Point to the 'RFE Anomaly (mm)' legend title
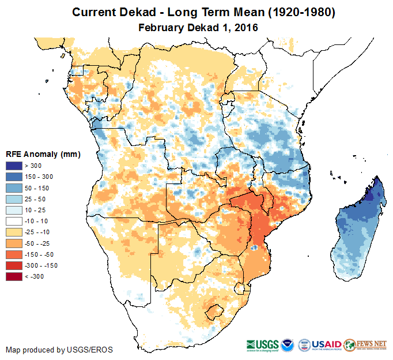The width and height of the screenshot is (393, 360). point(43,154)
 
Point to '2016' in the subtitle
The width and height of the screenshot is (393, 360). point(245,27)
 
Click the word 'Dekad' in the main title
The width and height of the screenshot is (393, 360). point(142,12)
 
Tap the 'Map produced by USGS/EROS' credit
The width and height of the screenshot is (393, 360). point(59,350)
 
